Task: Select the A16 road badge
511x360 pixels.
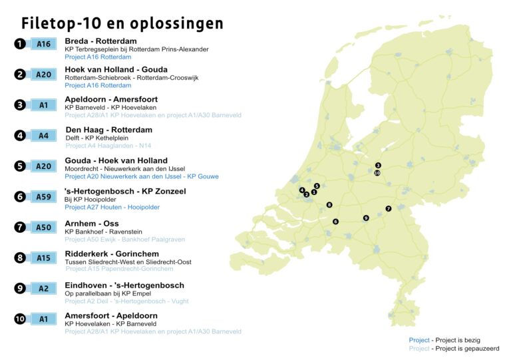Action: (43, 44)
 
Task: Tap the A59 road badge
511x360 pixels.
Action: (43, 196)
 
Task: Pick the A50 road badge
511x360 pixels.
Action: (43, 227)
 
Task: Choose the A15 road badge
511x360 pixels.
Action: (43, 258)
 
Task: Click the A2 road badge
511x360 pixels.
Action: (43, 288)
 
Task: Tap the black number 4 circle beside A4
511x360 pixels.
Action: (20, 136)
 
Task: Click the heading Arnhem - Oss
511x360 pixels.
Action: (91, 224)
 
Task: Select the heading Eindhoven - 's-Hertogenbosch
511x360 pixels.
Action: (124, 285)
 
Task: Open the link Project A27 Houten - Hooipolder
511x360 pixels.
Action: (112, 207)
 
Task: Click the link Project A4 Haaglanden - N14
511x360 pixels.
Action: (109, 146)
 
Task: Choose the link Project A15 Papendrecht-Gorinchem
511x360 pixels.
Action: (120, 269)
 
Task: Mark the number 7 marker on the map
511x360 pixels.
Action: (389, 208)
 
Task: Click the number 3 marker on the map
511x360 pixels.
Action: (378, 165)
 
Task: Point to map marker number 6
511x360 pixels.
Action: (335, 222)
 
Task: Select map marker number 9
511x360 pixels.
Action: (366, 218)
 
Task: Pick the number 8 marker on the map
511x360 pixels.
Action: (329, 205)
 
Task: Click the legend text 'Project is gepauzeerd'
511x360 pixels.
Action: (465, 349)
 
